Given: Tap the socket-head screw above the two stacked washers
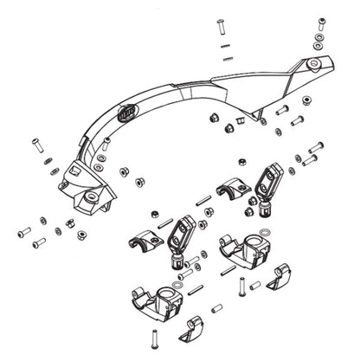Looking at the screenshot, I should [322, 22].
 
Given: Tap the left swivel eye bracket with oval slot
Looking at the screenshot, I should [183, 235].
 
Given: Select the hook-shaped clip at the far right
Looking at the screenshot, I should [280, 279].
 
